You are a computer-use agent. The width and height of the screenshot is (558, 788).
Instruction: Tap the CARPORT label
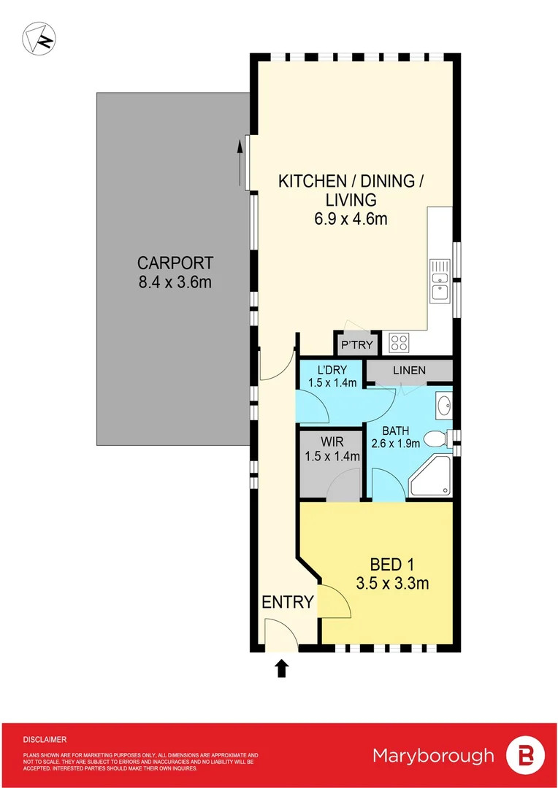[x=175, y=263]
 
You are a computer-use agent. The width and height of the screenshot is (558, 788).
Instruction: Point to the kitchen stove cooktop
[x=400, y=342]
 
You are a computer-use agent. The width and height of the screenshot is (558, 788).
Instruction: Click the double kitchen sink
[x=440, y=281]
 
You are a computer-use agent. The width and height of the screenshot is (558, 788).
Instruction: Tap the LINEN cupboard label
[x=409, y=371]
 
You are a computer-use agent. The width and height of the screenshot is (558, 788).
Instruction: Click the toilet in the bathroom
[x=436, y=439]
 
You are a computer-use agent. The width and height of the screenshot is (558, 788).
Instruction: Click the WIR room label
[x=332, y=442]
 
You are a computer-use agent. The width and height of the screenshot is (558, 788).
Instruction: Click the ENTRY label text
[x=288, y=603]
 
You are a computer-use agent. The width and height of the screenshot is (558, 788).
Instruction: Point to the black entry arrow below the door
[x=281, y=668]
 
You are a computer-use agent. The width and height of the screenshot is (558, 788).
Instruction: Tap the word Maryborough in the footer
[x=433, y=756]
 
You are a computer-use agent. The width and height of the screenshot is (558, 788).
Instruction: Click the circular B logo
[x=526, y=756]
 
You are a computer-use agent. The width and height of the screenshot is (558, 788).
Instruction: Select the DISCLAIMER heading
[x=45, y=739]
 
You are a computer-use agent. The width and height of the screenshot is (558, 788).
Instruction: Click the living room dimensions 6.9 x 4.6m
[x=346, y=218]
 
